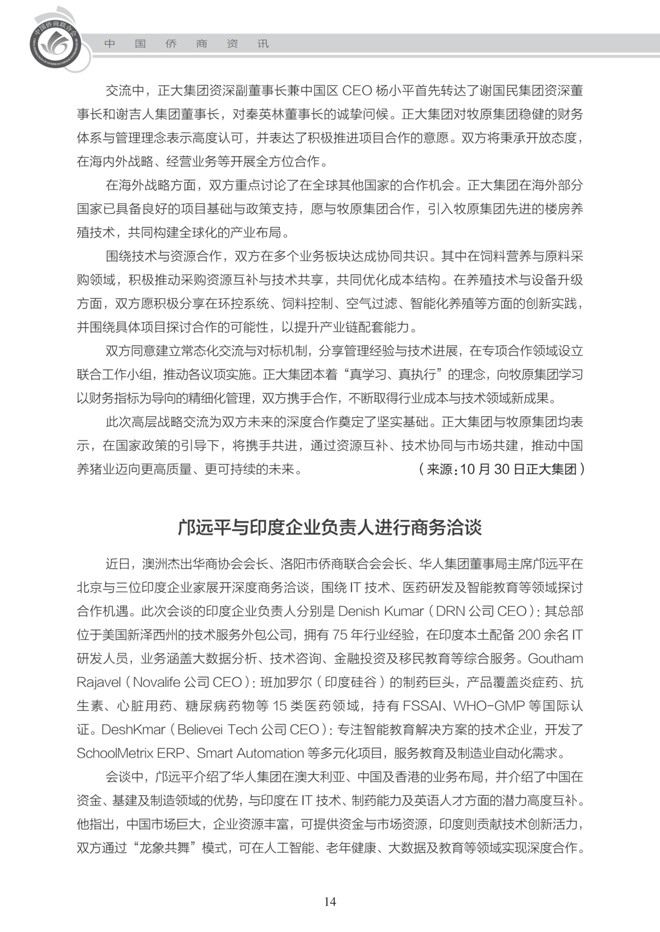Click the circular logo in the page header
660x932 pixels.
click(55, 42)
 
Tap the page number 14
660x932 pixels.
click(330, 901)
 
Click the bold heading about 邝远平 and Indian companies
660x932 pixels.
click(330, 527)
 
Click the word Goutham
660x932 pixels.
click(555, 659)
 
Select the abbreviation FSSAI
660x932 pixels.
click(424, 706)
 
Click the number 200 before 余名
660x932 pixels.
click(529, 635)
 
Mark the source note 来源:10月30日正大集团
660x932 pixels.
click(501, 469)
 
